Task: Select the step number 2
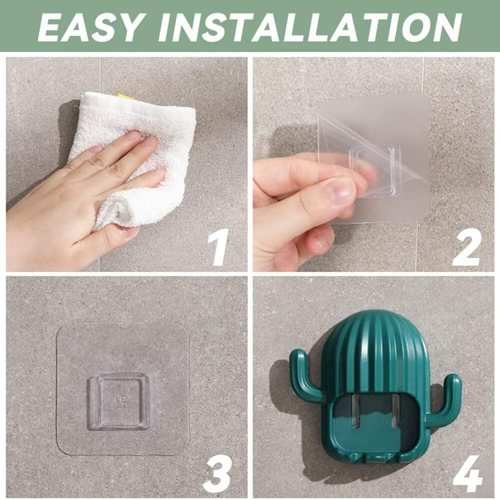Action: click(467, 247)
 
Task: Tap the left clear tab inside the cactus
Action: click(357, 411)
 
